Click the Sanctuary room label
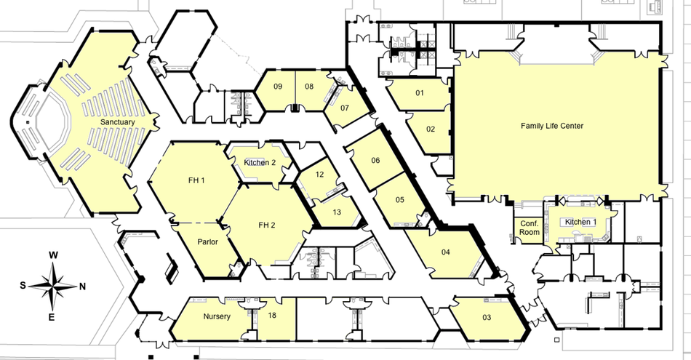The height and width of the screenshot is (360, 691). click(x=117, y=122)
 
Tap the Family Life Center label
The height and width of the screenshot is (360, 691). click(x=552, y=126)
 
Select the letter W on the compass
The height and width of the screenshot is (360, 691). click(x=53, y=255)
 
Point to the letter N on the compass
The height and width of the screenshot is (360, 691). click(x=82, y=287)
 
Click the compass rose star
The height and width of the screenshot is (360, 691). click(x=52, y=287)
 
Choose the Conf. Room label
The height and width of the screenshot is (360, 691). click(x=530, y=228)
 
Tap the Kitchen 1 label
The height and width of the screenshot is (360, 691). click(x=580, y=222)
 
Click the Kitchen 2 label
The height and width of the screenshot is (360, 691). click(x=260, y=163)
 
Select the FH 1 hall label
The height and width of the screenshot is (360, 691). click(x=196, y=180)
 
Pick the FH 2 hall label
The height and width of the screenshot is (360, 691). click(x=267, y=225)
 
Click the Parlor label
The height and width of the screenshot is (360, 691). click(x=207, y=242)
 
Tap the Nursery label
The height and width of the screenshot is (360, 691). click(x=217, y=316)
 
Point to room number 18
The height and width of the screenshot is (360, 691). click(x=272, y=315)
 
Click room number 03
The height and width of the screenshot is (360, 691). click(x=487, y=317)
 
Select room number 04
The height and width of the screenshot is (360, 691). click(x=446, y=252)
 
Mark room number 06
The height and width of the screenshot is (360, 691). click(x=375, y=161)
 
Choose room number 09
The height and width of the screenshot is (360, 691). click(x=278, y=87)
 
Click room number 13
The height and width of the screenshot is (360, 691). click(x=337, y=212)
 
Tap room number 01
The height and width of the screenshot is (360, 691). click(x=420, y=93)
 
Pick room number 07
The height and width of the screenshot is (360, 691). click(x=345, y=108)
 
